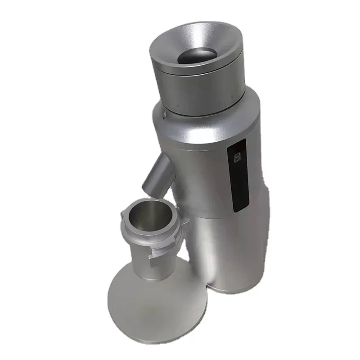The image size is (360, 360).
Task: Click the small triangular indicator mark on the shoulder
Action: (x=165, y=116)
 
